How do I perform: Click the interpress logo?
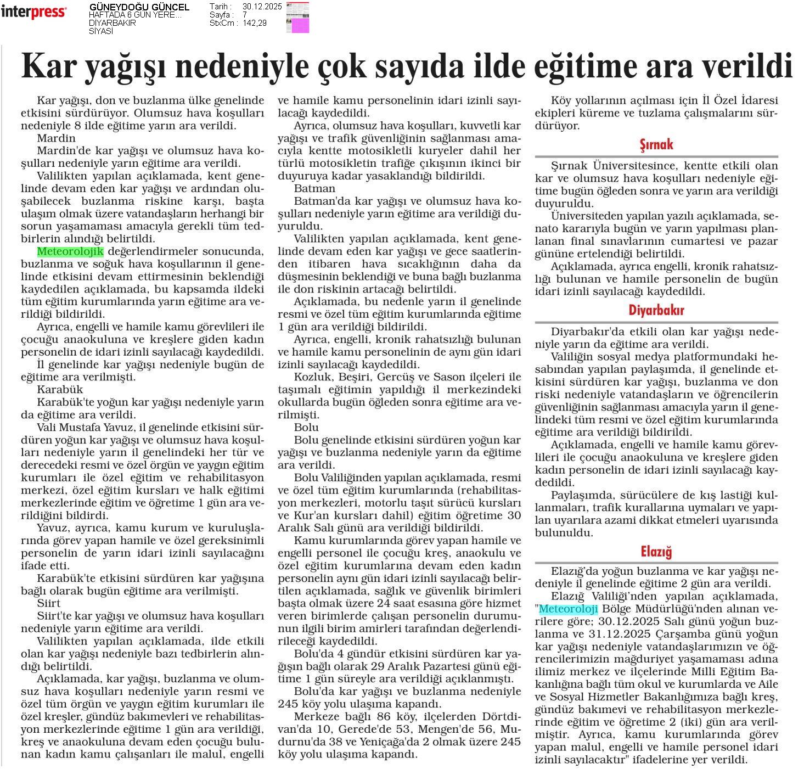pos(33,12)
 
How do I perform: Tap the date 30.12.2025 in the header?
pos(262,7)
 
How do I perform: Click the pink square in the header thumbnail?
pos(300,26)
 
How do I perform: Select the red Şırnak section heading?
pos(656,145)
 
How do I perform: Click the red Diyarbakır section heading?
pos(656,310)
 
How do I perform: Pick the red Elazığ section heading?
pos(656,551)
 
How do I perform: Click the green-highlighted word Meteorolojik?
pos(70,251)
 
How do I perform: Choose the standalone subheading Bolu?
pos(306,427)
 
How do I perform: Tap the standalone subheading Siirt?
pos(49,603)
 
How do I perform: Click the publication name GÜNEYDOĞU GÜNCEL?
pos(139,7)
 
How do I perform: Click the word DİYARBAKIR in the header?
pos(113,23)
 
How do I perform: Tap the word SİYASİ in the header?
pos(101,31)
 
